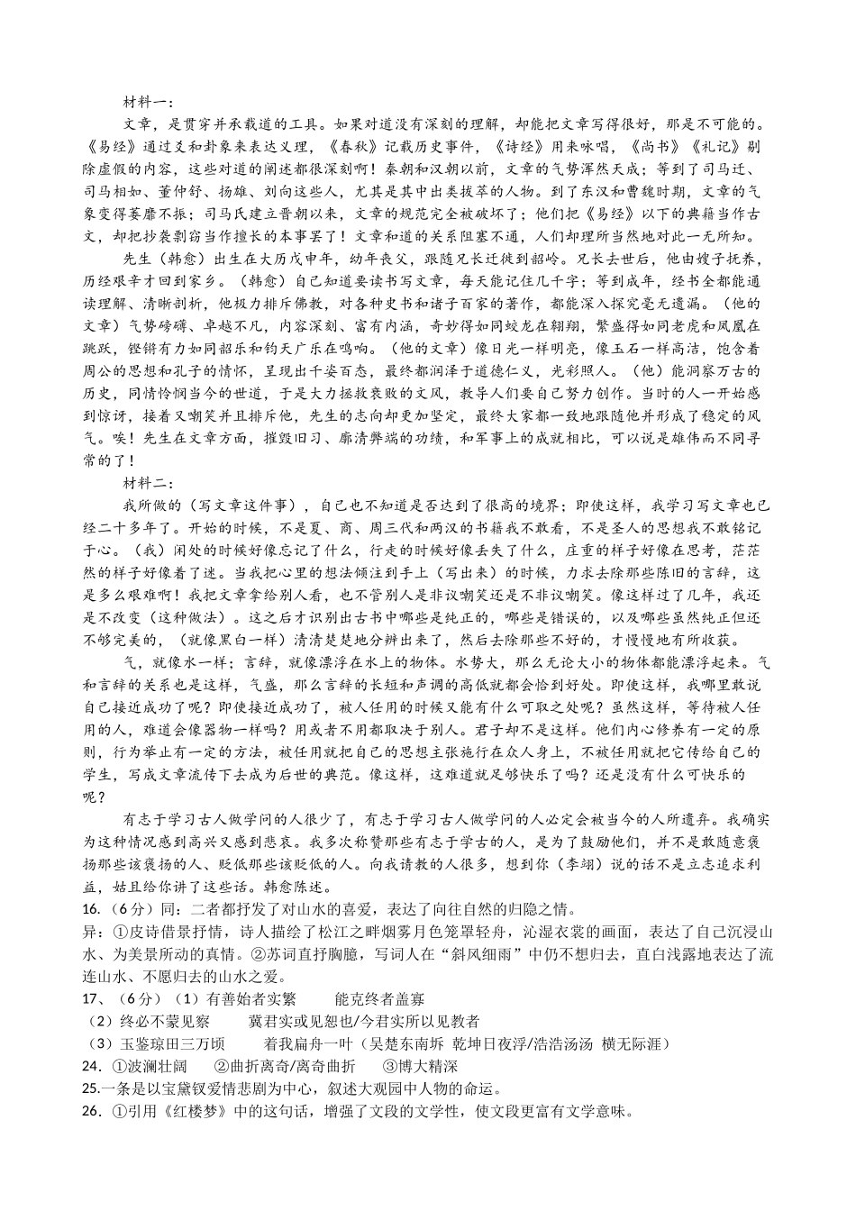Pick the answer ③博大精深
click(x=421, y=1067)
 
